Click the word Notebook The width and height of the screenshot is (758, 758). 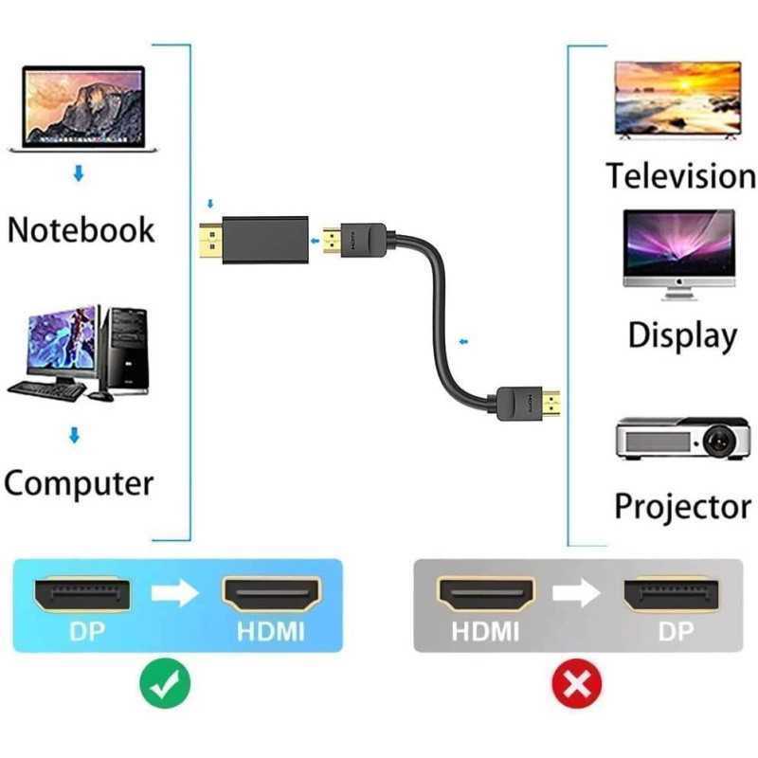point(81,230)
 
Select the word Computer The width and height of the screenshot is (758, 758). point(79,483)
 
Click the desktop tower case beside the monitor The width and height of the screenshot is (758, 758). point(127,350)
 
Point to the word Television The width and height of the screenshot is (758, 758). point(680,176)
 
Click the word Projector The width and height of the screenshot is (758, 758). point(682,506)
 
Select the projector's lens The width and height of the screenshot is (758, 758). point(717,439)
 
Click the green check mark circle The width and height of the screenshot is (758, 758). point(165,681)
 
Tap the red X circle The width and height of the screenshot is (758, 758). point(577,681)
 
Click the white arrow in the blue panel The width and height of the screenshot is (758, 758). point(175,593)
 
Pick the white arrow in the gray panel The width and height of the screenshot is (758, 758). point(576,593)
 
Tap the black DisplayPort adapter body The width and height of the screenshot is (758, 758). point(264,244)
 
